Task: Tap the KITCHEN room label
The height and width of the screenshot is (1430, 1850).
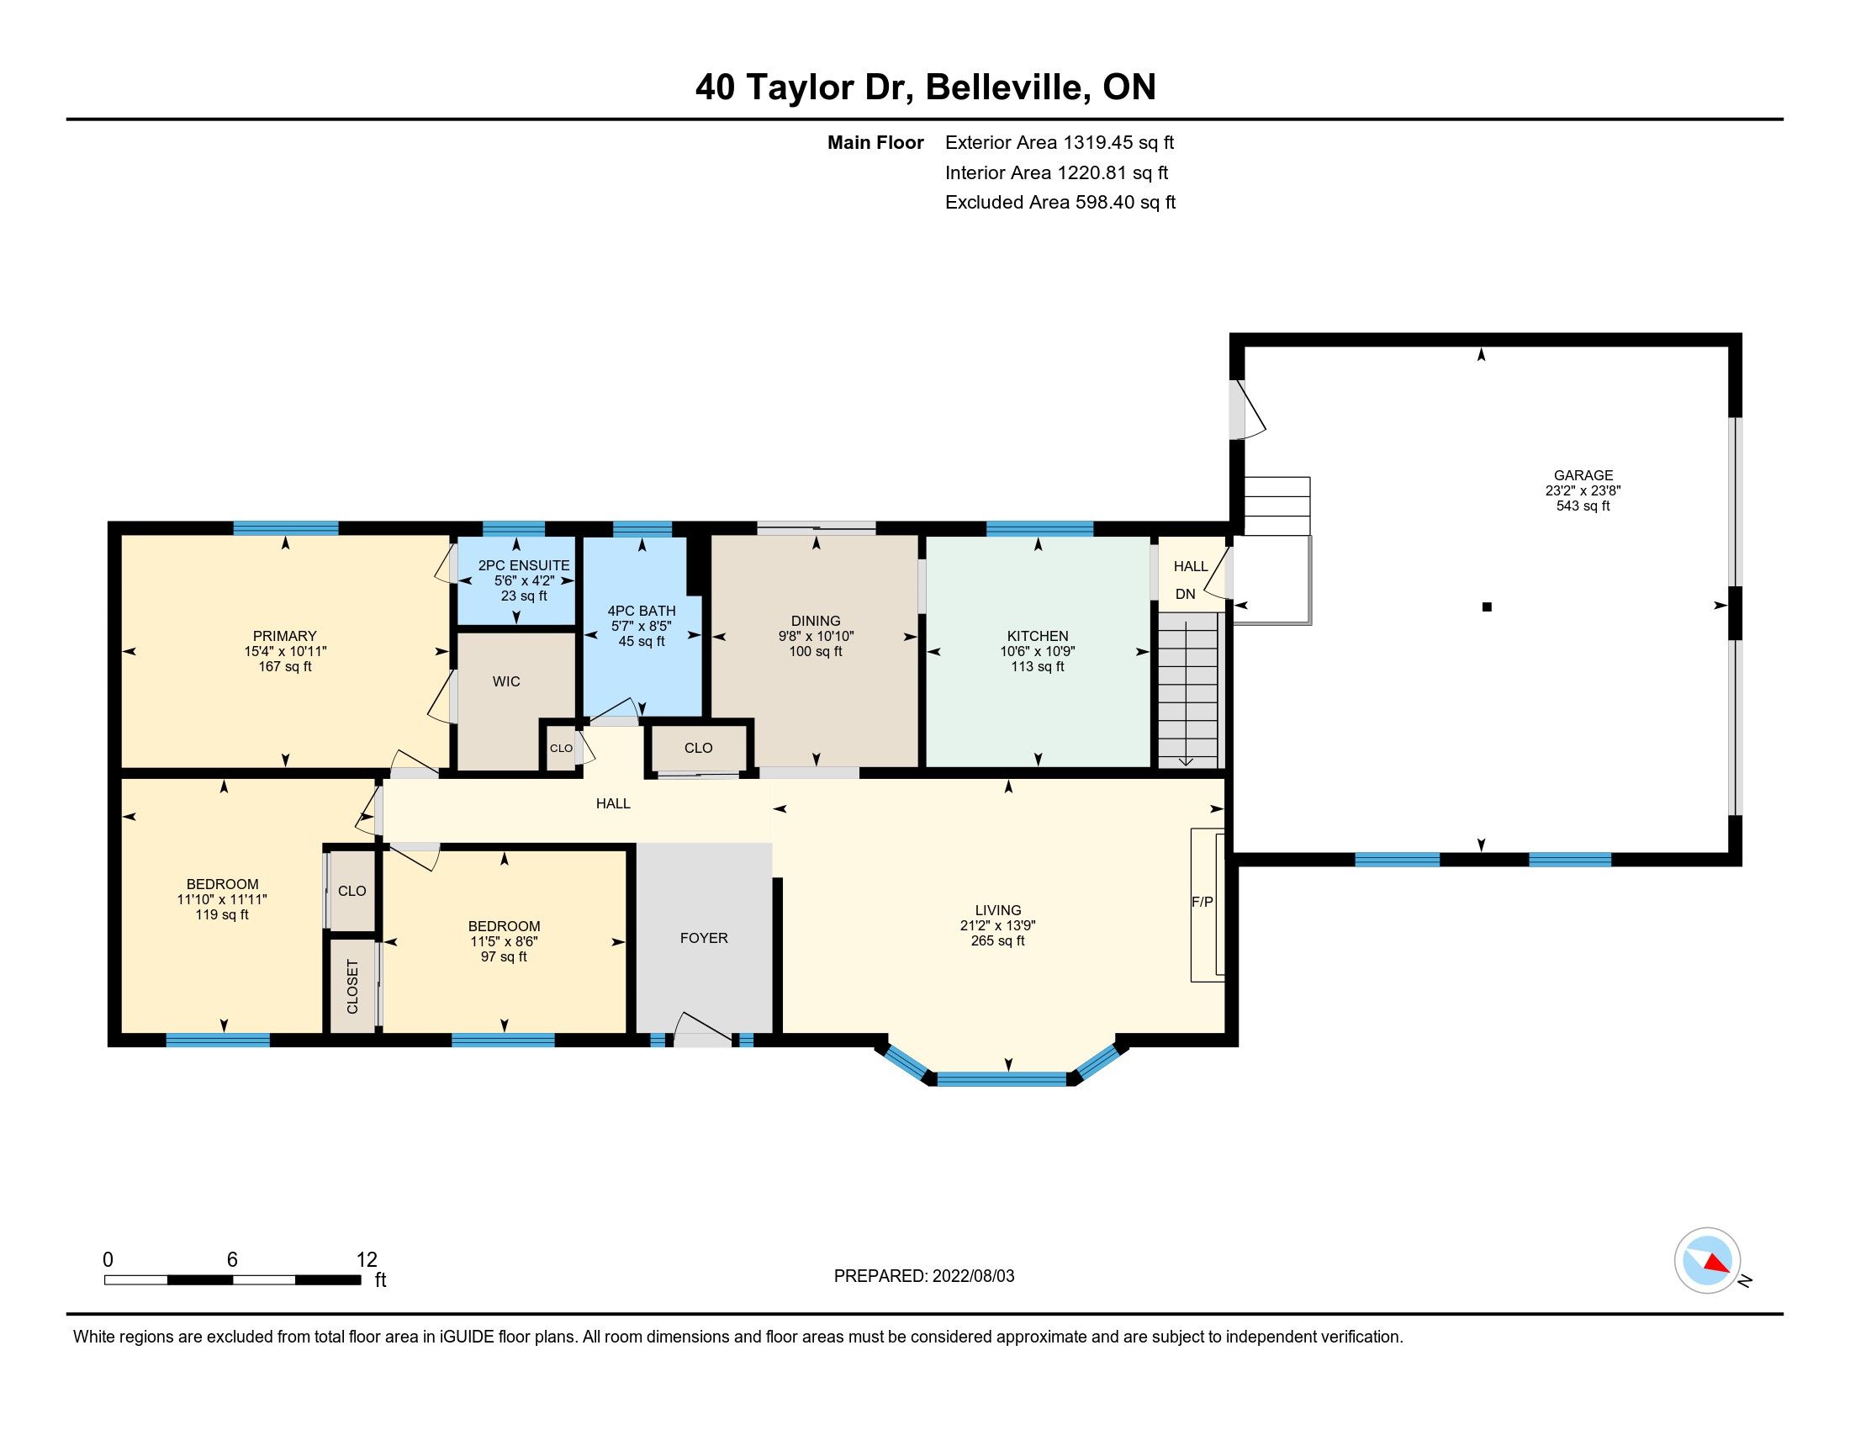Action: (x=1038, y=636)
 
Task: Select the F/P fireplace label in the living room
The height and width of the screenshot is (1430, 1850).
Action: (x=1202, y=903)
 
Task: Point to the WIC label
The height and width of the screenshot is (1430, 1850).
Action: (x=506, y=682)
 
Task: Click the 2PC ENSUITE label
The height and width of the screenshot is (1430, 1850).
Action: (x=524, y=566)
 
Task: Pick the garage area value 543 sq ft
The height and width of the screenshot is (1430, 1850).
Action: (x=1583, y=506)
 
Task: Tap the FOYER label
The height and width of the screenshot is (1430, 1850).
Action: (x=704, y=938)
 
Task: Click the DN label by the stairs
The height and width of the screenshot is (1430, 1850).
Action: (x=1185, y=594)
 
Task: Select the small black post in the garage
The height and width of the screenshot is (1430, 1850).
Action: (x=1487, y=606)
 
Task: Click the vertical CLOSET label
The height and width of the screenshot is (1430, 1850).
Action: (x=352, y=987)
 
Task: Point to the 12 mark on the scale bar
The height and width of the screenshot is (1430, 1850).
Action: (x=367, y=1260)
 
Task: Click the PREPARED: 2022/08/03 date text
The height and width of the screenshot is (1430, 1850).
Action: (x=924, y=1276)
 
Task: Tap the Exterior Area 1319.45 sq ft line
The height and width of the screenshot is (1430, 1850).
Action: (x=1060, y=142)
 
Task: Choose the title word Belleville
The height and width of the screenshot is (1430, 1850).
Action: (x=1008, y=87)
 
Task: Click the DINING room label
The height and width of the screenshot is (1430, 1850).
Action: (x=816, y=621)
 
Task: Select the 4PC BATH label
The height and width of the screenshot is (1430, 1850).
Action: (x=642, y=611)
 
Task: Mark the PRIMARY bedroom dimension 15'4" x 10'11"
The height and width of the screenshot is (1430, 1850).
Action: (x=284, y=651)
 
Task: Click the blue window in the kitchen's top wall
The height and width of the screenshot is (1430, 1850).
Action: (x=1039, y=529)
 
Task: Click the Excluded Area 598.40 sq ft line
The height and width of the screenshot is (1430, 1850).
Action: (x=1060, y=203)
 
